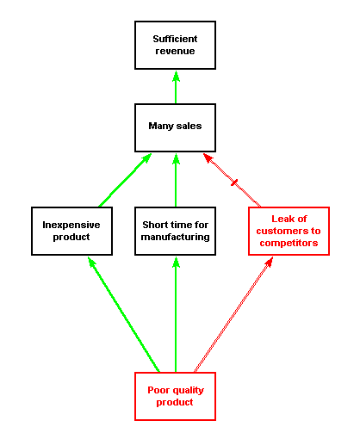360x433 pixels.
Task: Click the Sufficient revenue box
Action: point(175,45)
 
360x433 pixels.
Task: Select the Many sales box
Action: point(175,127)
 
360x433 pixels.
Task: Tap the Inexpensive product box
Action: point(71,231)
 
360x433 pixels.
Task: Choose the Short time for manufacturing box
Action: point(175,231)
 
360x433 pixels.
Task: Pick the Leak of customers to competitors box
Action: point(289,231)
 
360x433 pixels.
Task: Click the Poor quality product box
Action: point(175,397)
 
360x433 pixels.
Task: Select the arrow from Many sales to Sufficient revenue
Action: point(176,87)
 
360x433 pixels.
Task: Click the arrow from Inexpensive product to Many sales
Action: point(125,180)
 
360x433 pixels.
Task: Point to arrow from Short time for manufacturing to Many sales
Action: point(176,180)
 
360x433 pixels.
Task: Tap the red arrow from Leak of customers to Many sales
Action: point(232,180)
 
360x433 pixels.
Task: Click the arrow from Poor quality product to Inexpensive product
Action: point(123,314)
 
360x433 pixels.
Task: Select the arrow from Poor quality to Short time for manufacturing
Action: point(176,314)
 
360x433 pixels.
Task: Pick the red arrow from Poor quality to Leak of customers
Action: point(233,314)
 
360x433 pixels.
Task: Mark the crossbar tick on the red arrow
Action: point(234,182)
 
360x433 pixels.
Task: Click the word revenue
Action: point(175,51)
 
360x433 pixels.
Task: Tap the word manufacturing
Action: point(175,237)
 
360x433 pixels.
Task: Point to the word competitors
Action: point(289,243)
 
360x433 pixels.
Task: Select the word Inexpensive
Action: point(71,225)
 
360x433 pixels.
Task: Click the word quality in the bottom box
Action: point(188,391)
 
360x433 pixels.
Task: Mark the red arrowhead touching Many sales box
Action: point(208,158)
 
